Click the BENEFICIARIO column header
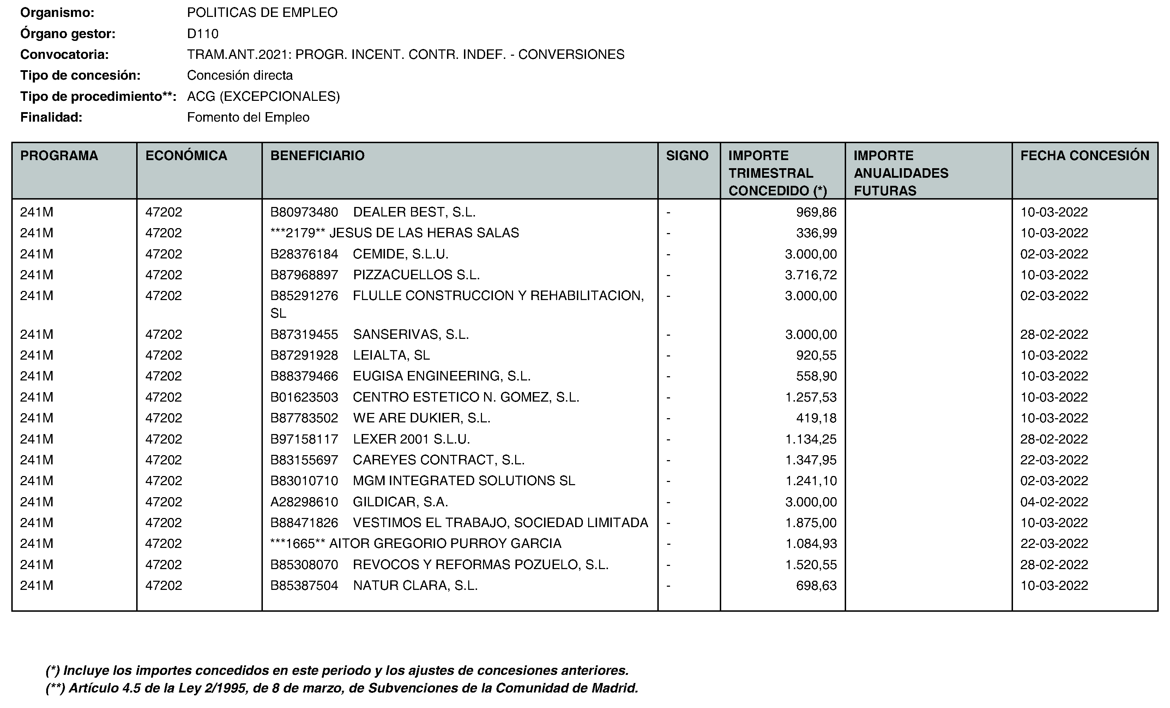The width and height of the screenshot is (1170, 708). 317,155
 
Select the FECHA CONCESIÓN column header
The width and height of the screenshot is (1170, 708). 1085,155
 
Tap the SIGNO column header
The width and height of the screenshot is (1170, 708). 687,155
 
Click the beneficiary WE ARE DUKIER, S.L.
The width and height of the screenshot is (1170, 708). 421,418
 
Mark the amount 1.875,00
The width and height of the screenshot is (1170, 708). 810,523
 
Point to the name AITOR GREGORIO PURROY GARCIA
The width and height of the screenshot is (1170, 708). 445,544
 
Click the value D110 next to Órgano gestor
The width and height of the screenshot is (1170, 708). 203,34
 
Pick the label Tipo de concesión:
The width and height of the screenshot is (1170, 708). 80,75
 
